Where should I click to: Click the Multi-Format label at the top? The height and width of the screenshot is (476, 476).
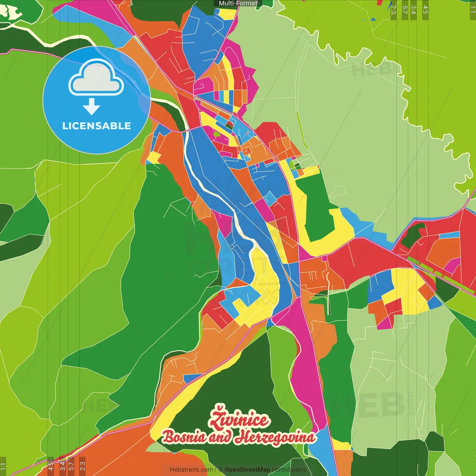coord(238,3)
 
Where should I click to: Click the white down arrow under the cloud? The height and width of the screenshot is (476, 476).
coord(91,107)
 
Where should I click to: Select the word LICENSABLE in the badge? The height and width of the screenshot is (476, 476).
coord(96,126)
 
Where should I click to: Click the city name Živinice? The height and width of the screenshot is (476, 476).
coord(238,419)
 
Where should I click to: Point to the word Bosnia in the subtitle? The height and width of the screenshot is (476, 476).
coord(184,437)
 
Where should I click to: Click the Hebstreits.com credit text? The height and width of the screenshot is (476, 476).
coord(191,470)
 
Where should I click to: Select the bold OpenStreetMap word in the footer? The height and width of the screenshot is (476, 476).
coord(247,470)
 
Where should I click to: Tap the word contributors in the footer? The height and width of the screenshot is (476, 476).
coord(289,470)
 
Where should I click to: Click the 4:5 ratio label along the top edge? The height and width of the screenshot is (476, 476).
coord(425,10)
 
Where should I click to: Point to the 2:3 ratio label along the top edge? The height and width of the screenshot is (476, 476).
coord(393,10)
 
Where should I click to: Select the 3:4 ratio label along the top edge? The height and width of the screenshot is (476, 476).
coord(414,10)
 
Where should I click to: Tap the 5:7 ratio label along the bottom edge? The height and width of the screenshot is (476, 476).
coord(71,466)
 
